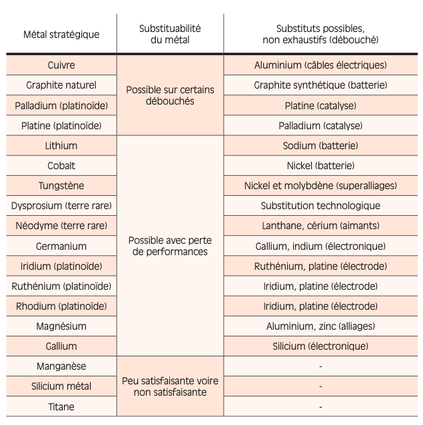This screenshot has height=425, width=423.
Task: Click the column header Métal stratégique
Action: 61,35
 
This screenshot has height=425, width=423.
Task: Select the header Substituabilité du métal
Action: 170,35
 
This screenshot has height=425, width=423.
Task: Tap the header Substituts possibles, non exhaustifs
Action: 320,35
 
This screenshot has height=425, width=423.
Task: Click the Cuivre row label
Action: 61,65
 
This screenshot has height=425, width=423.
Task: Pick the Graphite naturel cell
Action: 61,85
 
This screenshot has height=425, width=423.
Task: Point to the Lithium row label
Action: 61,146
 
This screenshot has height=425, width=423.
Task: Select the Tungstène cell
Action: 61,186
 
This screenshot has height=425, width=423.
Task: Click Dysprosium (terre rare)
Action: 61,206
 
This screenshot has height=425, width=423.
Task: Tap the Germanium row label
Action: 61,246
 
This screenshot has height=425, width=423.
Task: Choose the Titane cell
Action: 61,406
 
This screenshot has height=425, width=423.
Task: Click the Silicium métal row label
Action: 61,386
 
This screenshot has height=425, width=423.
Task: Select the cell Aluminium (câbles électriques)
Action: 320,65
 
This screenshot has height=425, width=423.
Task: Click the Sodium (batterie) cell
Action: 320,146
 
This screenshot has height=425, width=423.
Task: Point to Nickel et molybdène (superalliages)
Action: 320,186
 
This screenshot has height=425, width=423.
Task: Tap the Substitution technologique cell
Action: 320,206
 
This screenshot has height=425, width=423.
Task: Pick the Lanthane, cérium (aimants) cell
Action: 320,226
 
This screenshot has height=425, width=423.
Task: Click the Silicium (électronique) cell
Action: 320,346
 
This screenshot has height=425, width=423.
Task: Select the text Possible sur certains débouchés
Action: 170,95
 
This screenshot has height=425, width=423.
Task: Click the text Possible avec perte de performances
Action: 170,246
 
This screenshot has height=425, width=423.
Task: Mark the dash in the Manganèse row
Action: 320,366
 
